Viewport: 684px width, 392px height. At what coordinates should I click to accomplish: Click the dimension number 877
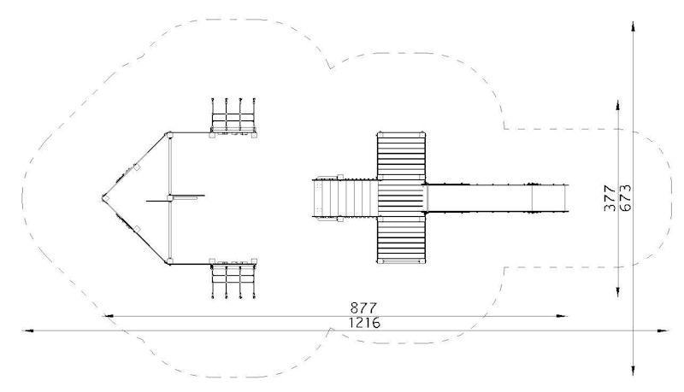pos(363,308)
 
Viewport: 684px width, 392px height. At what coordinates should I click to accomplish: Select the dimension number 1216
pos(364,323)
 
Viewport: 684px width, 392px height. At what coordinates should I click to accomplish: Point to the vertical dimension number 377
pos(610,198)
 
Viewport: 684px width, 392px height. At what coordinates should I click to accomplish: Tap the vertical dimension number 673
pos(625,198)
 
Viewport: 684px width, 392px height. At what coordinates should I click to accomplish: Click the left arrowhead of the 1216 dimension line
pos(28,331)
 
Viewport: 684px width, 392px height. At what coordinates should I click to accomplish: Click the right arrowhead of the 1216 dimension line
pos(663,331)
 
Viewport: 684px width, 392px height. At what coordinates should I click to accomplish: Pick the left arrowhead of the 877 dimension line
pos(108,316)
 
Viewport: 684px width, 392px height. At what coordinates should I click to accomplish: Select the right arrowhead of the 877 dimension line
pos(562,316)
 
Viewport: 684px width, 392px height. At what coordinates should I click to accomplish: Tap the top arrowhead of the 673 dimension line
pos(633,27)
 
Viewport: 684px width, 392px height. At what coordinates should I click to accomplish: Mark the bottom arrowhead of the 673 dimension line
pos(633,371)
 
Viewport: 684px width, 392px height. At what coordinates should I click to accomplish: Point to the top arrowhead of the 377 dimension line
pos(617,105)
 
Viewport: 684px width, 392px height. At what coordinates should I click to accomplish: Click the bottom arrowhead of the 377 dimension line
pos(617,291)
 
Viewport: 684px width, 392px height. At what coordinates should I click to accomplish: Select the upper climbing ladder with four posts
pos(233,115)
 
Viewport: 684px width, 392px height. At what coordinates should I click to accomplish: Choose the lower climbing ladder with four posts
pos(233,280)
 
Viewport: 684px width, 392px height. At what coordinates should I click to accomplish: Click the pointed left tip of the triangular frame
pos(103,198)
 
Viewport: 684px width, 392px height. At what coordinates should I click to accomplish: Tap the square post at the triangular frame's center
pos(169,198)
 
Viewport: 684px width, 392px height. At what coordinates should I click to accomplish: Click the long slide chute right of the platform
pos(498,198)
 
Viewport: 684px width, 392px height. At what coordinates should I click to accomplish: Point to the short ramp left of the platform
pos(345,198)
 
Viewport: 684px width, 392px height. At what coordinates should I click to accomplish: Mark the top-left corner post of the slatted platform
pos(380,134)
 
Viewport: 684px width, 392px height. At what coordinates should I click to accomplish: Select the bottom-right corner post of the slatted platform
pos(422,260)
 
